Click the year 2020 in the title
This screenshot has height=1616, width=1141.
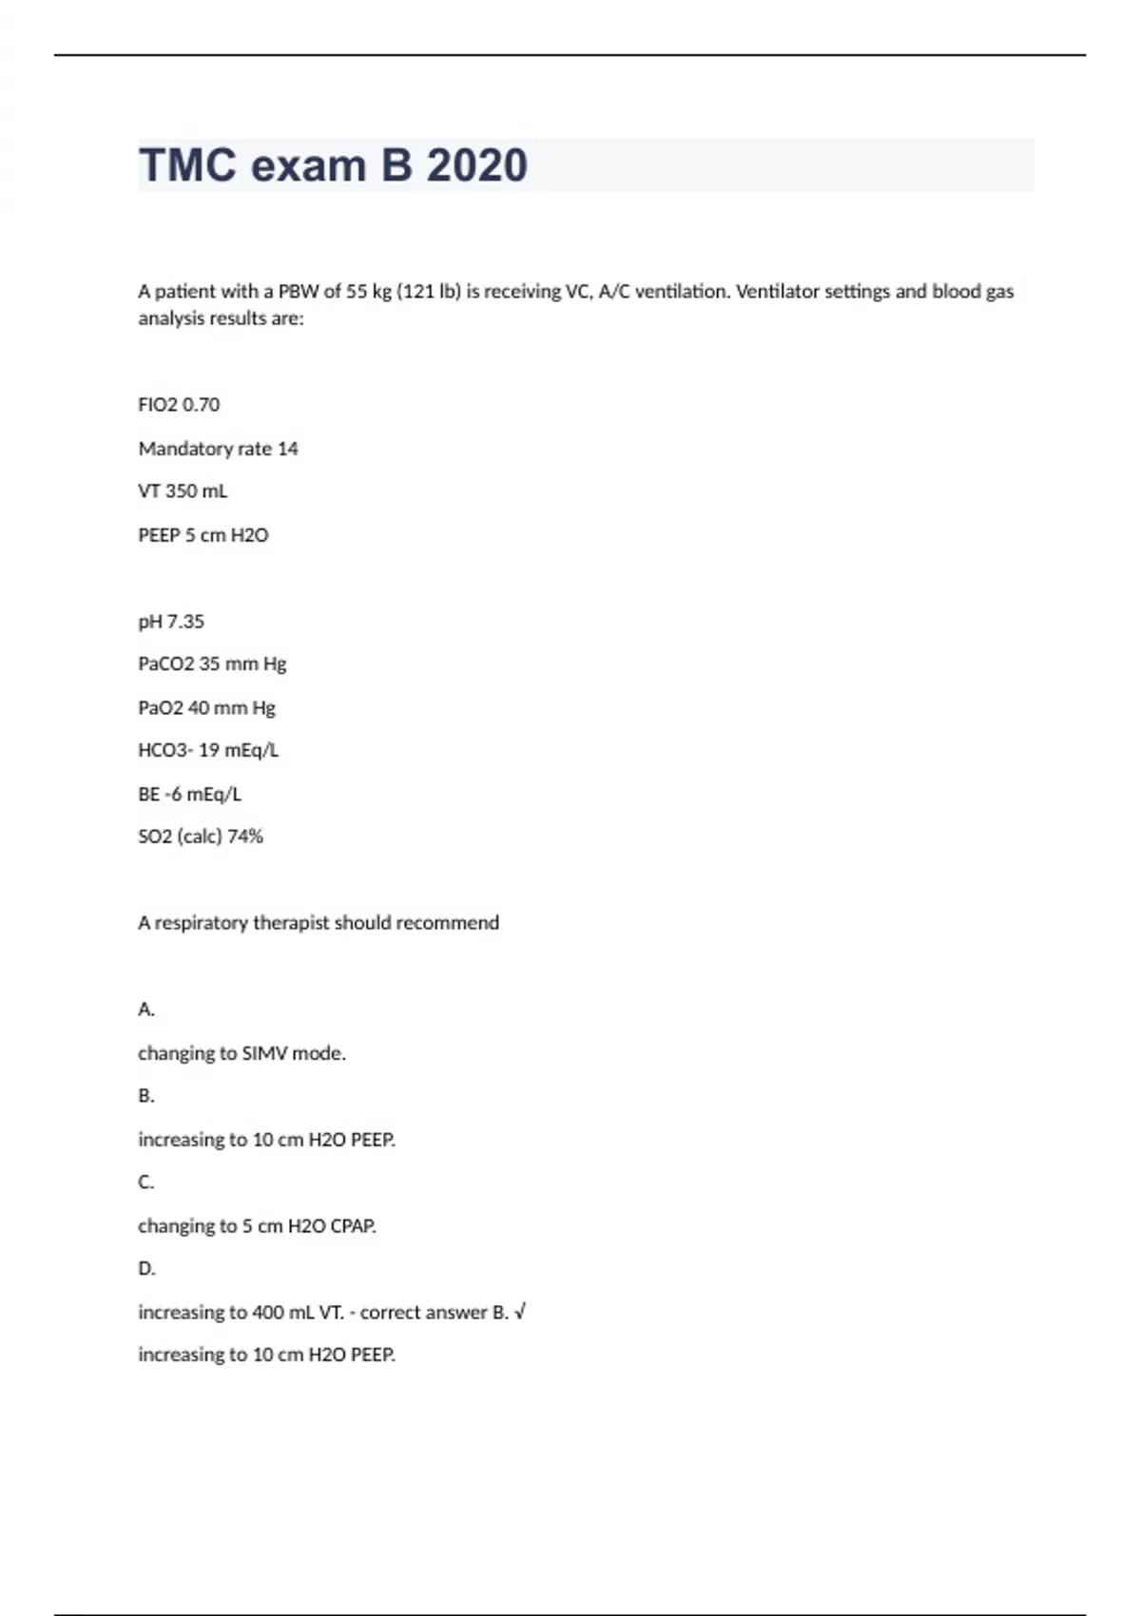pyautogui.click(x=476, y=165)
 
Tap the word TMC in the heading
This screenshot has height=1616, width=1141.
pyautogui.click(x=187, y=165)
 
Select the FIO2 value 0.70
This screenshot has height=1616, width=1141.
pyautogui.click(x=201, y=405)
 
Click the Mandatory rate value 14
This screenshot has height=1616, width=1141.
pyautogui.click(x=287, y=449)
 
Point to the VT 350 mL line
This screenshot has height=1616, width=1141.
pyautogui.click(x=183, y=491)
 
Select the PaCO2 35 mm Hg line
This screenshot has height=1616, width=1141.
pyautogui.click(x=212, y=664)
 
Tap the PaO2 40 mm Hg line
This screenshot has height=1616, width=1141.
pyautogui.click(x=206, y=708)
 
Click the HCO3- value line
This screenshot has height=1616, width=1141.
pyautogui.click(x=208, y=751)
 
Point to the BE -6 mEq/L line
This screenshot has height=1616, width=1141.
pyautogui.click(x=189, y=795)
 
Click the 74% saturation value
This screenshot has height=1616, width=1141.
pyautogui.click(x=245, y=837)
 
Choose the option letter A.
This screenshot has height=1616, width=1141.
pyautogui.click(x=145, y=1010)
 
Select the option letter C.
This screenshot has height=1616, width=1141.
pyautogui.click(x=145, y=1183)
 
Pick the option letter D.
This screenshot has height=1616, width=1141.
pyautogui.click(x=145, y=1269)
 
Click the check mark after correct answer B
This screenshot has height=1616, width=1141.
pyautogui.click(x=520, y=1313)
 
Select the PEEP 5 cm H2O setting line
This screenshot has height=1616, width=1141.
pyautogui.click(x=203, y=535)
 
